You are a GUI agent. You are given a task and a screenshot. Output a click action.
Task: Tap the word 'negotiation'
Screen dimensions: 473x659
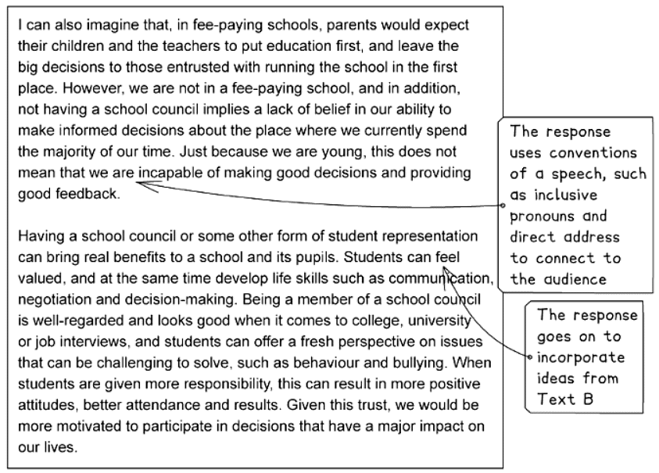(52, 299)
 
